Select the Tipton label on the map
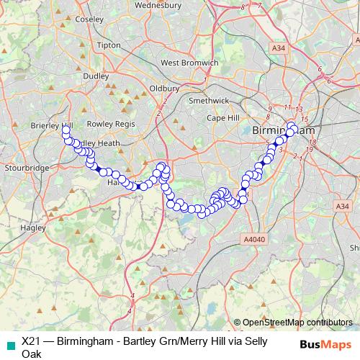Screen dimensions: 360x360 click(108, 45)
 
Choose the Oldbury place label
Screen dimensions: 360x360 click(164, 88)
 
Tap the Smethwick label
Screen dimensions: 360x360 click(208, 102)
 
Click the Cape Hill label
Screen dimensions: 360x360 click(222, 117)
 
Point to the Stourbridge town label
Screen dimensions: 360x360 click(26, 168)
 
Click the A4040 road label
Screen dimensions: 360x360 click(254, 239)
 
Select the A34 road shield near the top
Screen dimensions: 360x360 click(279, 48)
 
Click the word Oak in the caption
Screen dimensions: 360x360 click(32, 354)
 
